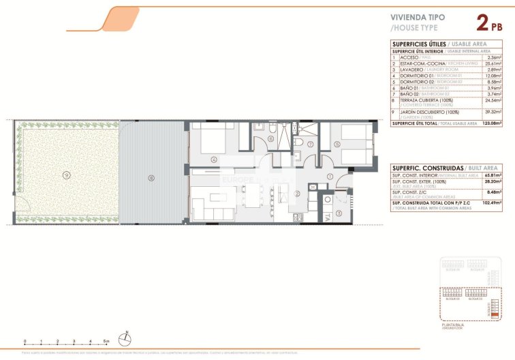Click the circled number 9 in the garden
65,175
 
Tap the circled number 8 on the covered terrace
151,179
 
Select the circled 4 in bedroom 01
213,160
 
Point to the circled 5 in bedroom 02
337,143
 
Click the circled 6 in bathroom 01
270,140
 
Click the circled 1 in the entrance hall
330,177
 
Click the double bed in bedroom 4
210,140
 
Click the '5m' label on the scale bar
106,341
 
